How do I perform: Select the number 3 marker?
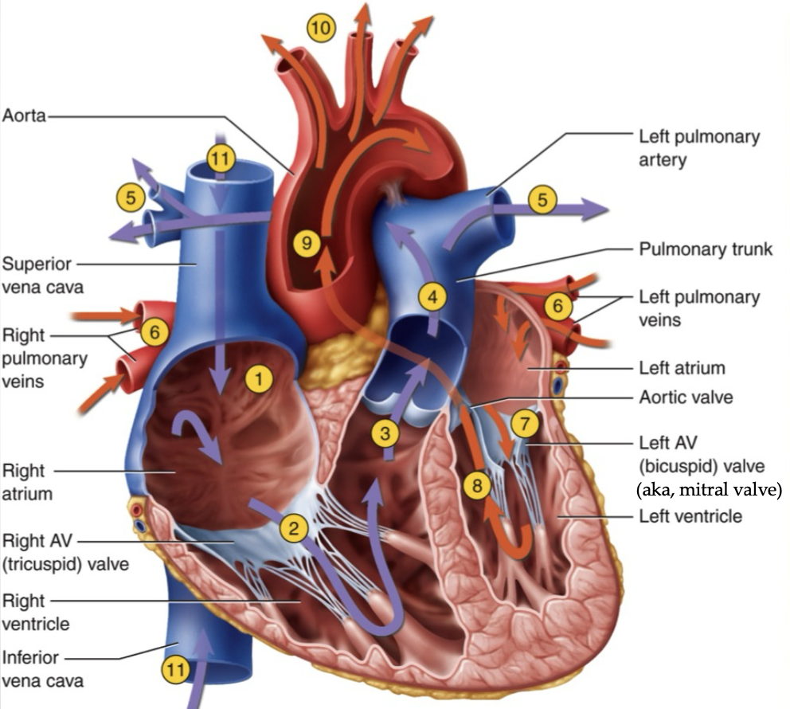pyautogui.click(x=385, y=433)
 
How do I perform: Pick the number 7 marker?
pyautogui.click(x=525, y=424)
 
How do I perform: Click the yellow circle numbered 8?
pyautogui.click(x=476, y=485)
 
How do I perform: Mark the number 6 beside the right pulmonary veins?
pyautogui.click(x=154, y=331)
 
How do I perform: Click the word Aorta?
pyautogui.click(x=24, y=116)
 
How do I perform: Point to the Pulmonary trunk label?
pyautogui.click(x=706, y=249)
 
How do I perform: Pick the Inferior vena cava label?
pyautogui.click(x=42, y=669)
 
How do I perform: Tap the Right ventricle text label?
pyautogui.click(x=35, y=611)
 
